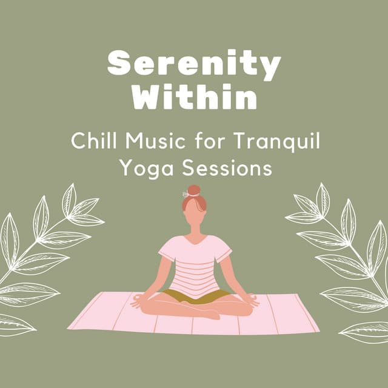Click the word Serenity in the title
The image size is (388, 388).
[x=194, y=64]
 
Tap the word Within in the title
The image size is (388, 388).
[x=194, y=96]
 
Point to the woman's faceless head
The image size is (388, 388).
[x=194, y=212]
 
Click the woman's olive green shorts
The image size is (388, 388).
[x=194, y=296]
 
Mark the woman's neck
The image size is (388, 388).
[x=194, y=232]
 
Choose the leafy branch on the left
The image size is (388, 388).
[x=42, y=255]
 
